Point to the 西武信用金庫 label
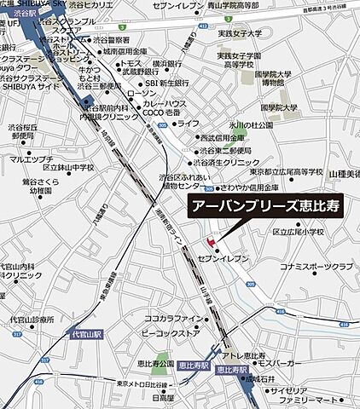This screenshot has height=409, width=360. click(x=224, y=136)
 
